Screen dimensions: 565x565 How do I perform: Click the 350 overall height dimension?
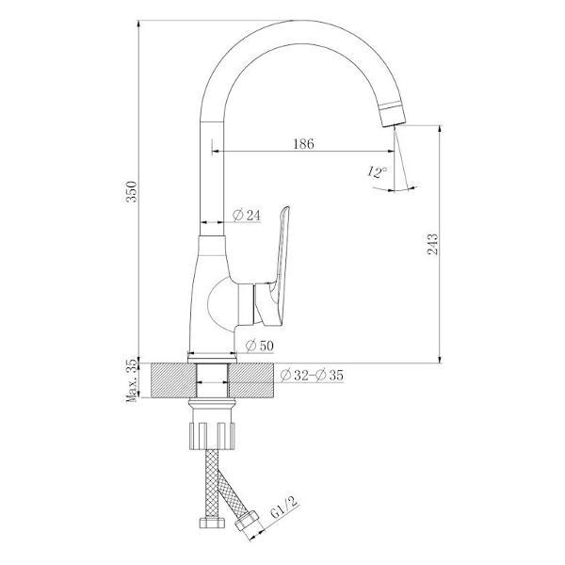pyautogui.click(x=132, y=191)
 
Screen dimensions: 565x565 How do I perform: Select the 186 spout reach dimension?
pyautogui.click(x=303, y=144)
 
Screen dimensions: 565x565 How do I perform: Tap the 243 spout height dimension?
pyautogui.click(x=433, y=244)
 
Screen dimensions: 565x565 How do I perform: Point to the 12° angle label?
pyautogui.click(x=378, y=172)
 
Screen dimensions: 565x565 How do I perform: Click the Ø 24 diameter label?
pyautogui.click(x=247, y=215)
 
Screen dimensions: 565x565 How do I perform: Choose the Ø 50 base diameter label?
pyautogui.click(x=260, y=346)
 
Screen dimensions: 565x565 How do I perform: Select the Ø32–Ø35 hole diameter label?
pyautogui.click(x=312, y=376)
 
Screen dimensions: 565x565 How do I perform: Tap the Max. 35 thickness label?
pyautogui.click(x=132, y=380)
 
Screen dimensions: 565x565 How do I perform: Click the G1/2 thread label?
pyautogui.click(x=284, y=508)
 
